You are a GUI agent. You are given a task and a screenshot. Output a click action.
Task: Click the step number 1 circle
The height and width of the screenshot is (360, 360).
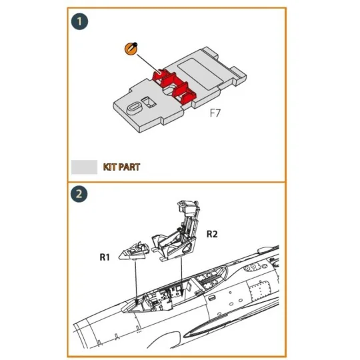(x=81, y=21)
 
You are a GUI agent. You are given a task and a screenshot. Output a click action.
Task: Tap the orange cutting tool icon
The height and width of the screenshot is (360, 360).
(x=131, y=49)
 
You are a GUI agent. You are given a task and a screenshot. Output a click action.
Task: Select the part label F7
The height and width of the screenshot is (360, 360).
(x=215, y=113)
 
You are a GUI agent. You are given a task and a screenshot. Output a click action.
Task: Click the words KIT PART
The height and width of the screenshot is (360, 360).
(x=121, y=166)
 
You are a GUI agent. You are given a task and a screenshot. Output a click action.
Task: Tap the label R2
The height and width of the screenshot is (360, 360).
(x=213, y=234)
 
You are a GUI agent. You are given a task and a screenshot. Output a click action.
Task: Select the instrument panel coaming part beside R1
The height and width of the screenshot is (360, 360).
(x=137, y=251)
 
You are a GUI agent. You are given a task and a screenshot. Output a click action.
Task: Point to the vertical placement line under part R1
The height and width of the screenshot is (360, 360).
(x=135, y=280)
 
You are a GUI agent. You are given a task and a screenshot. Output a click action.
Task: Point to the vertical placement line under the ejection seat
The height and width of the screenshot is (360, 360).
(x=182, y=277)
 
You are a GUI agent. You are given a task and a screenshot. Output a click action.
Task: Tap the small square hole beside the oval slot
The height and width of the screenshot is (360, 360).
(x=150, y=102)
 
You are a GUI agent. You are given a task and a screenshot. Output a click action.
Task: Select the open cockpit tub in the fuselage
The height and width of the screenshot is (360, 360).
(x=167, y=293)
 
